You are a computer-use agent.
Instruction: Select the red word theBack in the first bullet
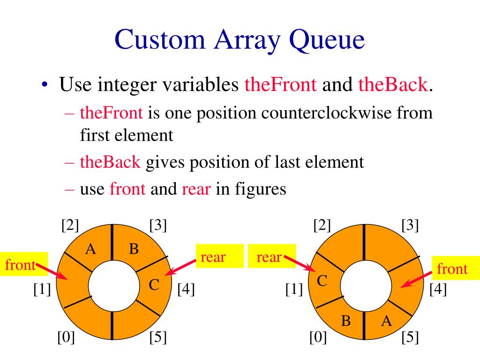393,86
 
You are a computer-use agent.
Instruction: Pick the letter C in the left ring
155,284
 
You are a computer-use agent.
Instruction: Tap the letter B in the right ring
346,321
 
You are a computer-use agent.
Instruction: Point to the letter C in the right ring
322,281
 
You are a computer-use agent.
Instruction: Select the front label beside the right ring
452,269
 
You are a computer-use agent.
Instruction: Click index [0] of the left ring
66,337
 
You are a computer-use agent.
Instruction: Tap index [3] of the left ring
158,225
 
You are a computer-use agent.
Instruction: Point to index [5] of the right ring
410,337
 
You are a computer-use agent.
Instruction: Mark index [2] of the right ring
322,225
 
